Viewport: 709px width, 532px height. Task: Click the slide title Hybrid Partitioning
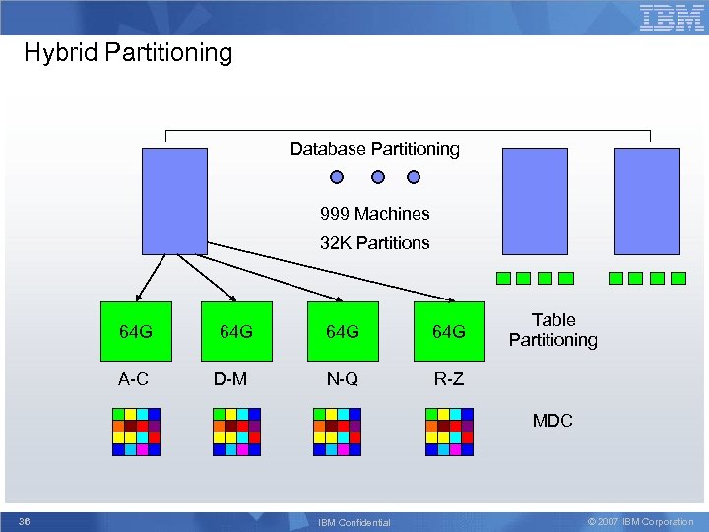coord(128,52)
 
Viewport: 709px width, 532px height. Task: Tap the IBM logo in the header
coord(672,18)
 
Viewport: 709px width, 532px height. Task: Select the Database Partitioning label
coord(374,149)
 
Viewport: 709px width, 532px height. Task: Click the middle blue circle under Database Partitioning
coord(376,178)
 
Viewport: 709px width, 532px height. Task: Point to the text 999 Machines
coord(374,214)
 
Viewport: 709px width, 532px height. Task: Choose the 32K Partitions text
coord(374,243)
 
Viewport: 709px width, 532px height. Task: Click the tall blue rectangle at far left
coord(174,201)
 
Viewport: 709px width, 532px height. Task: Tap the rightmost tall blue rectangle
coord(647,201)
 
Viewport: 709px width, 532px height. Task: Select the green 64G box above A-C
coord(136,331)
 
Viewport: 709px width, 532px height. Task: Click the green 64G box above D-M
coord(235,331)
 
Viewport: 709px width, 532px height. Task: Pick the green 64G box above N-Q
coord(342,331)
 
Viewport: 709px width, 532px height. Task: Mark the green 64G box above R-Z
coord(449,331)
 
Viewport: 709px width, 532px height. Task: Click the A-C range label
coord(135,379)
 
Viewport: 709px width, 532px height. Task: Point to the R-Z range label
coord(448,379)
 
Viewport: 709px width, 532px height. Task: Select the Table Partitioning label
coord(553,330)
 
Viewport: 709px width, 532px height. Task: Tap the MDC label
coord(552,421)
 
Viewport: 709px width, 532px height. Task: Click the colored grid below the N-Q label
coord(337,432)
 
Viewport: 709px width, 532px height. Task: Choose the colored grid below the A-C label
coord(136,432)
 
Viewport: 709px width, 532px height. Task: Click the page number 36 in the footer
coord(25,521)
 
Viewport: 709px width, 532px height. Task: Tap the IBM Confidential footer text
coord(355,522)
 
